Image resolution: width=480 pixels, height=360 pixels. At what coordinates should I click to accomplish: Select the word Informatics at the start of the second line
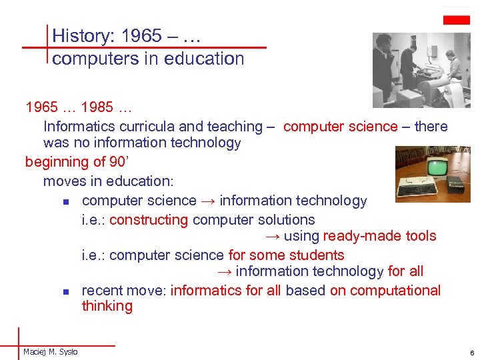[77, 126]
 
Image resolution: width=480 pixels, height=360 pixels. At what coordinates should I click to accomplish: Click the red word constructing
[148, 219]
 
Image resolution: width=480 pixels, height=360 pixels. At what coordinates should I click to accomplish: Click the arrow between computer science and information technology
[208, 201]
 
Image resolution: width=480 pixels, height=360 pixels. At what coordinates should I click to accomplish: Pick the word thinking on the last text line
[107, 306]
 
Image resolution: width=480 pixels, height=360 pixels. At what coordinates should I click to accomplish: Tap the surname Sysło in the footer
[67, 351]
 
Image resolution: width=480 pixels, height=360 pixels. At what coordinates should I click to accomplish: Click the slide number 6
[471, 352]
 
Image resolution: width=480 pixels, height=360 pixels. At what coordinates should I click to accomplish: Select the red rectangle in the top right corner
[457, 20]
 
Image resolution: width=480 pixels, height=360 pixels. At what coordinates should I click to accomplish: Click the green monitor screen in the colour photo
[437, 167]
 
